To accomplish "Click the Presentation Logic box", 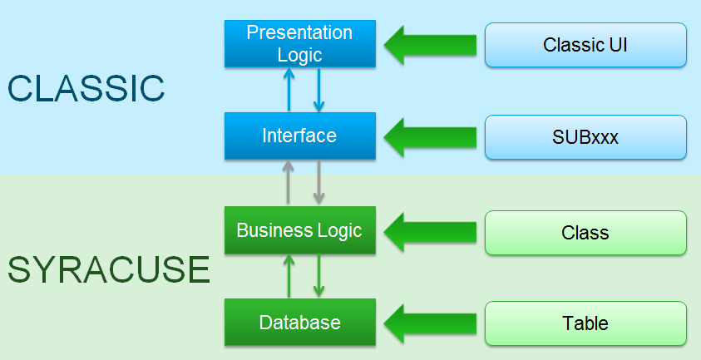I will (299, 44).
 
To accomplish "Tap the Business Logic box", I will (299, 230).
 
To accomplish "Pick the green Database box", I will (299, 323).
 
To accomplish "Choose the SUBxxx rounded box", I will (585, 137).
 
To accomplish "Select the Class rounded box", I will (585, 232).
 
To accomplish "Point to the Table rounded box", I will (585, 323).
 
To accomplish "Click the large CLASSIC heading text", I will (86, 88).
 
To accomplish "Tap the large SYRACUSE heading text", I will (108, 270).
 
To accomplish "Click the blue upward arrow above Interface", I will (289, 90).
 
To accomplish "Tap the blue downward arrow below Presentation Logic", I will (318, 90).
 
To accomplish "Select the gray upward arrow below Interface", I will (289, 183).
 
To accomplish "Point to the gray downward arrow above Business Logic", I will (318, 183).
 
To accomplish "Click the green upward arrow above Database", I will (289, 276).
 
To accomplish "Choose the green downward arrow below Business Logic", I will (318, 276).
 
